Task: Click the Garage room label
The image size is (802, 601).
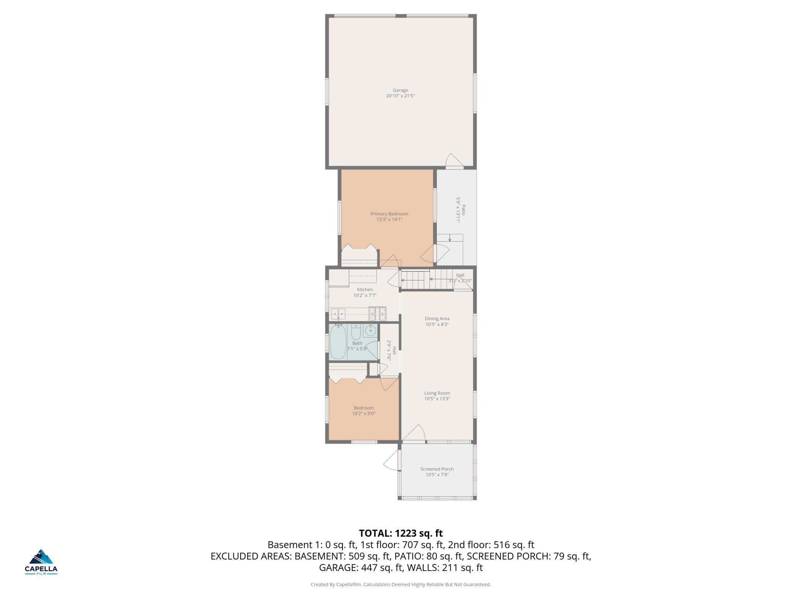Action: click(x=400, y=90)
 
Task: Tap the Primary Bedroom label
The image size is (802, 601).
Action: click(x=389, y=214)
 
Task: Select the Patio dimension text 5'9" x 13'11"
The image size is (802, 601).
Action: click(x=458, y=210)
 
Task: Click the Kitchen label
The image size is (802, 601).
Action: click(x=365, y=290)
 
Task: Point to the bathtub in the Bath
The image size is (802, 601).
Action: click(x=338, y=342)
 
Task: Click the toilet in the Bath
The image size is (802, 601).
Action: click(x=356, y=331)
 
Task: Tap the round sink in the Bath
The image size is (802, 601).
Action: click(x=371, y=331)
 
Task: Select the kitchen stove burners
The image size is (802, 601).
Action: click(x=377, y=313)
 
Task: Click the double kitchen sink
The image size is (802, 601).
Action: click(x=338, y=314)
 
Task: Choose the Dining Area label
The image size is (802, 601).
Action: click(x=437, y=319)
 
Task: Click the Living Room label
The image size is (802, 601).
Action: click(x=437, y=393)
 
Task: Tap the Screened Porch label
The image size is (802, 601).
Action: click(x=437, y=469)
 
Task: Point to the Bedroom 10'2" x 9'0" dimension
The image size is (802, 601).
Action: click(x=364, y=413)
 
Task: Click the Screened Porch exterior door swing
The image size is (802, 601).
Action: click(x=391, y=459)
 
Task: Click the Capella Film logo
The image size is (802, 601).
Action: click(x=41, y=562)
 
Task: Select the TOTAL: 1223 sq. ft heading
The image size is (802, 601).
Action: click(x=401, y=533)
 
